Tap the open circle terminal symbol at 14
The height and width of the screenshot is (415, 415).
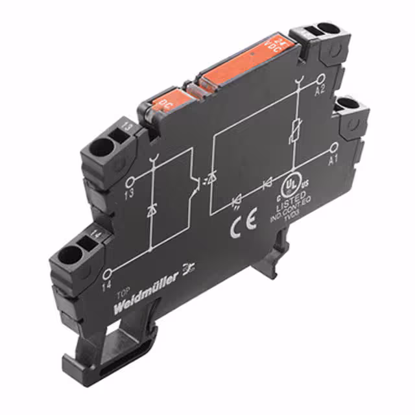click(x=108, y=272)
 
